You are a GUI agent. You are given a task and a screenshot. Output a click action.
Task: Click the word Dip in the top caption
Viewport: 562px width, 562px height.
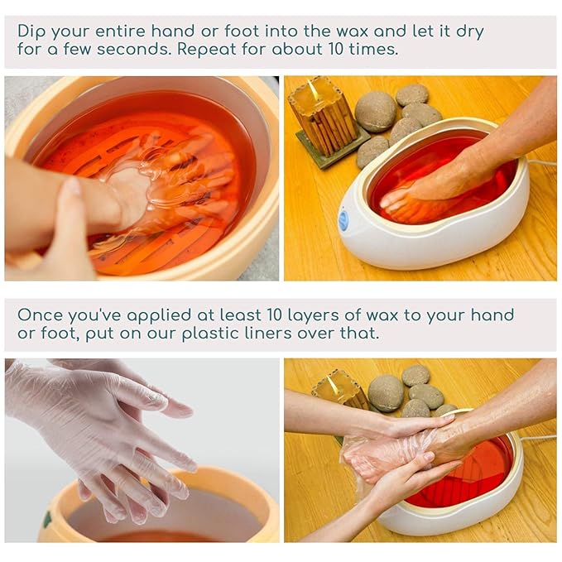(x=33, y=31)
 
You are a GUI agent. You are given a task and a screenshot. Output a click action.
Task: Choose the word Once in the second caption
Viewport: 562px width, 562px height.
(x=40, y=315)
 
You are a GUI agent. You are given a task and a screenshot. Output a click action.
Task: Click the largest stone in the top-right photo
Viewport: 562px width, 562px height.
(x=375, y=112)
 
